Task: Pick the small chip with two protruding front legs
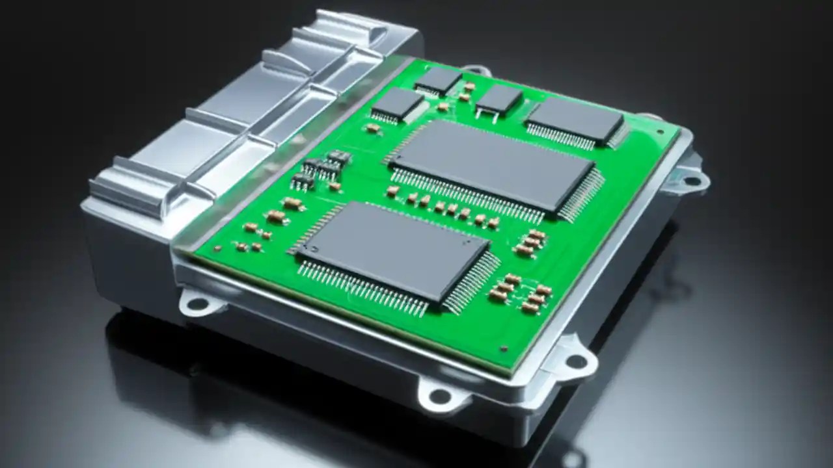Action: click(498, 101)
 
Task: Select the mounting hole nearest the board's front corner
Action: click(576, 361)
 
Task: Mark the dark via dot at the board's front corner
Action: click(504, 349)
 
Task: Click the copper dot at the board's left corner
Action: click(217, 248)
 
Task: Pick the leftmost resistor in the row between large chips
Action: click(393, 191)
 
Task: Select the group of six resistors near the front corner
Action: click(521, 293)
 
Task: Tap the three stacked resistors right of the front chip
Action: click(530, 242)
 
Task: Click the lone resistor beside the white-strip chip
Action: click(373, 129)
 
